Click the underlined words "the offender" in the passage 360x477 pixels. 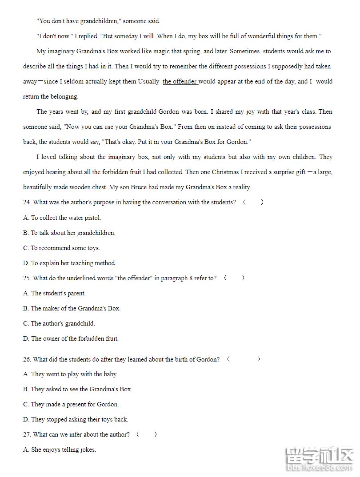[x=180, y=82]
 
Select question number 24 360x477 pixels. [x=27, y=203]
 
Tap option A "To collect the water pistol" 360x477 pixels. [x=62, y=218]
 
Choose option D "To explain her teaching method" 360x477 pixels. [x=69, y=263]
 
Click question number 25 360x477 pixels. [x=27, y=278]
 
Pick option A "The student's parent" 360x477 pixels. [x=54, y=293]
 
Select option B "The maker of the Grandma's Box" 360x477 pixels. [x=72, y=308]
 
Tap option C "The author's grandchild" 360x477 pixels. [x=59, y=323]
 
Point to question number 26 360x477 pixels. [x=27, y=359]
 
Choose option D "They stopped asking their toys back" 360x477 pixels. [x=76, y=419]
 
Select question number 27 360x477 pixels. [x=27, y=434]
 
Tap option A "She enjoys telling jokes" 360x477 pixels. [x=59, y=449]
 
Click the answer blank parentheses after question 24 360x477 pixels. [x=253, y=203]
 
